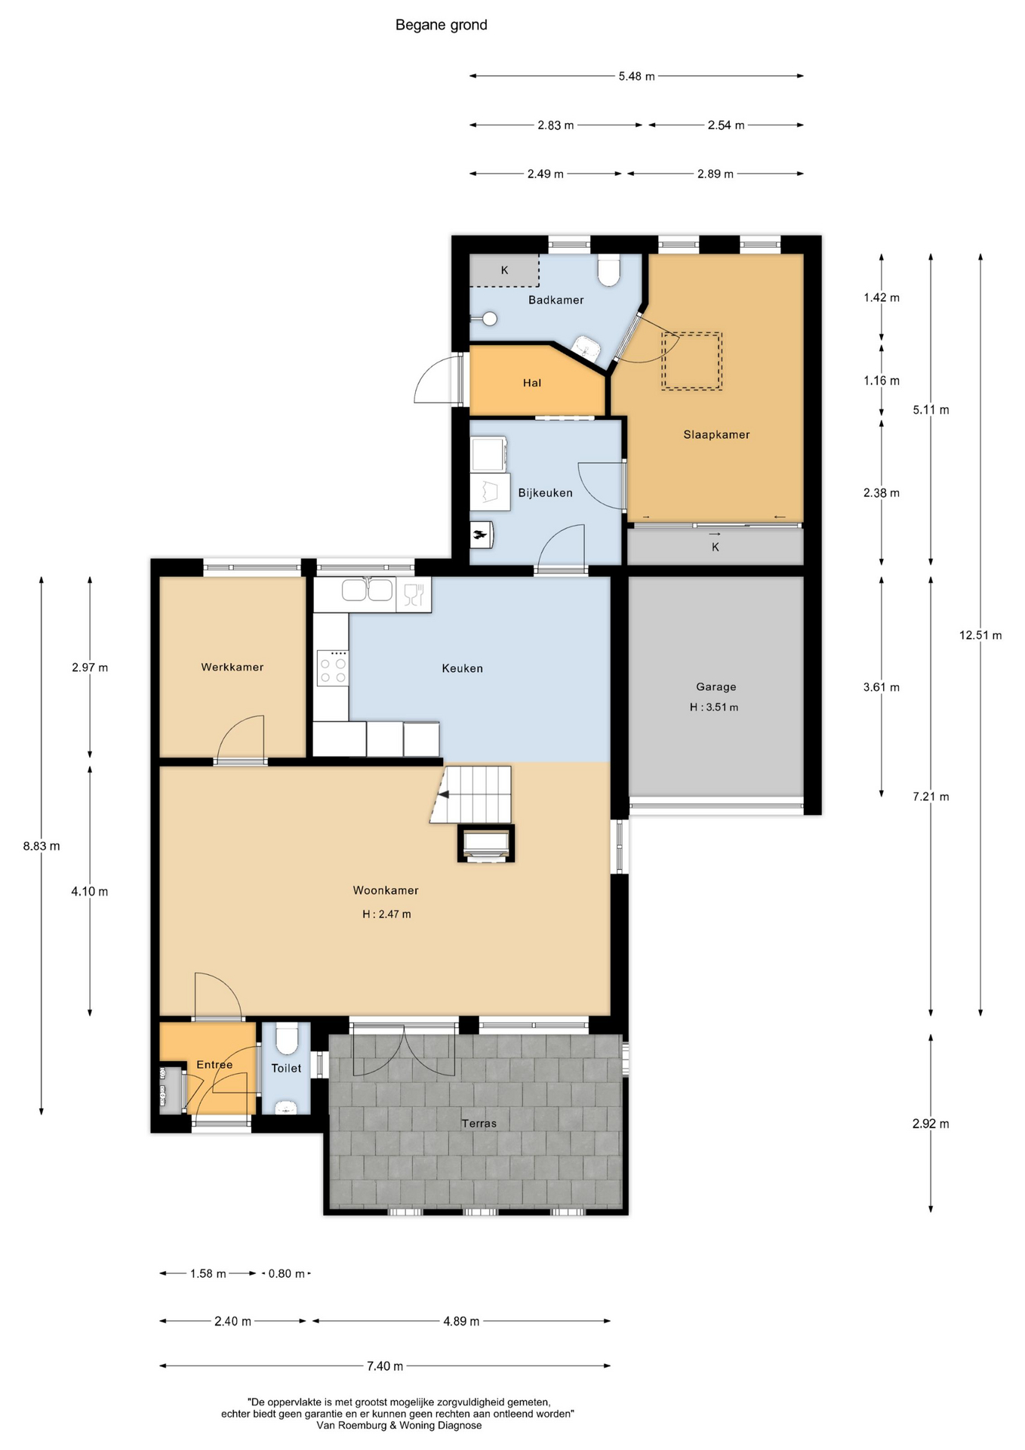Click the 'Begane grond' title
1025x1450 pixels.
442,25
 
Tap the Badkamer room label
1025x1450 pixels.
556,300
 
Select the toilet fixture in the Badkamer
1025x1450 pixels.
608,270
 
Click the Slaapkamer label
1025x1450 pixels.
716,434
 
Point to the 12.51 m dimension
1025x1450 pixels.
980,635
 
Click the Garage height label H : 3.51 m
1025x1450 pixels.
714,708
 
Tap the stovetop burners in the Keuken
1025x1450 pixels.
333,668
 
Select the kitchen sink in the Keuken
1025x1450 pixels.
368,590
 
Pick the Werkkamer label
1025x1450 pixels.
232,667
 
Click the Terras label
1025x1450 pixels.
479,1123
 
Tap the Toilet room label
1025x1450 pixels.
286,1068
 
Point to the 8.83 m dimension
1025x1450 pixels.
42,846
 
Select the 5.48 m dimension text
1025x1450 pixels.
636,76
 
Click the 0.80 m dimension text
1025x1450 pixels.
287,1273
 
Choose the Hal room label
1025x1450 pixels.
532,383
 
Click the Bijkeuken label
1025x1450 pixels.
545,492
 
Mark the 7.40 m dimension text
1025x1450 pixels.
385,1365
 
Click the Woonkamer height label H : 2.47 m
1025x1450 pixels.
386,914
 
